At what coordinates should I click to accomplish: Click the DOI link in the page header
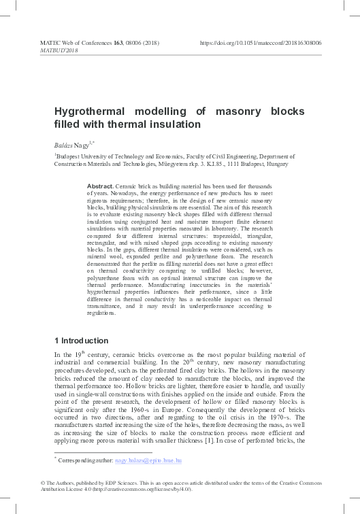click(x=270, y=42)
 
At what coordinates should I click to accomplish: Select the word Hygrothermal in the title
click(x=88, y=112)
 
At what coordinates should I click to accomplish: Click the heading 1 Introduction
click(x=80, y=340)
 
